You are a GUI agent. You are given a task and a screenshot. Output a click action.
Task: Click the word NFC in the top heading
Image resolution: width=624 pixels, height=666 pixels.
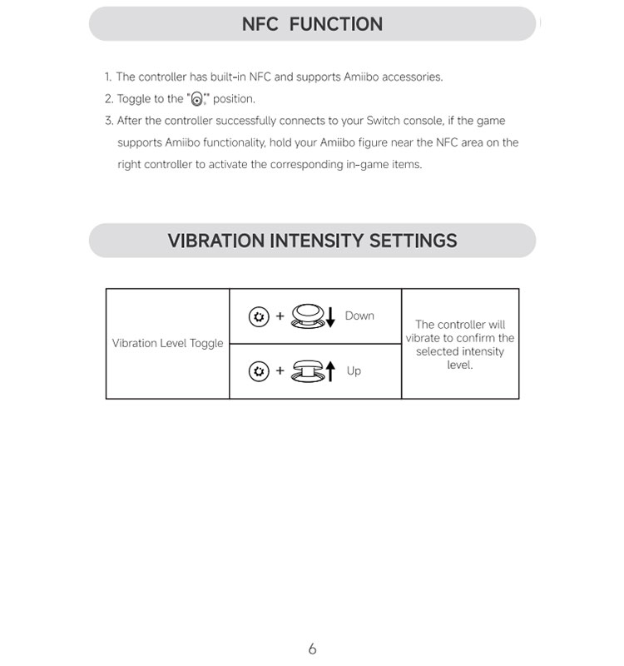coord(260,24)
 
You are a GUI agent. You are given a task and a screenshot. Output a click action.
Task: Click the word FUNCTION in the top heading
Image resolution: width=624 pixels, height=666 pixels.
coord(336,24)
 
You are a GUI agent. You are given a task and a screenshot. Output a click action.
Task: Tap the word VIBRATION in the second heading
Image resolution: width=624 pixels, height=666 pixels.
coord(216,241)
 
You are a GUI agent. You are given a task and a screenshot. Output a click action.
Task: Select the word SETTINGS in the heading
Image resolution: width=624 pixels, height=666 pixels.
coord(413,241)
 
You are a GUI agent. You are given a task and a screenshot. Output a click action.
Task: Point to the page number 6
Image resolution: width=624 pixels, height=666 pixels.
coord(312,649)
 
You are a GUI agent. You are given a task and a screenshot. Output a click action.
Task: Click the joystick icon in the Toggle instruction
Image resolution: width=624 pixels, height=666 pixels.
coord(197,99)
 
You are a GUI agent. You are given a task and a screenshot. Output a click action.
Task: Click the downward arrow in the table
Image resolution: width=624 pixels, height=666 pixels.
coord(330,317)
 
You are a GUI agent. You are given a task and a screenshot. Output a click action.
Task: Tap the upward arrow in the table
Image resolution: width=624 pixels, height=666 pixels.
coord(330,370)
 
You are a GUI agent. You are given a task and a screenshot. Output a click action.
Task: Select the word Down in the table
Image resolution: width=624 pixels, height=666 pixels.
coord(359,316)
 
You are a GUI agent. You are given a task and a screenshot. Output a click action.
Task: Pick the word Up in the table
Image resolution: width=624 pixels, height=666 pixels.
coord(354,370)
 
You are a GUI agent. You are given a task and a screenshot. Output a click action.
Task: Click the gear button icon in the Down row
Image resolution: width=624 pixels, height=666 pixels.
coord(259,316)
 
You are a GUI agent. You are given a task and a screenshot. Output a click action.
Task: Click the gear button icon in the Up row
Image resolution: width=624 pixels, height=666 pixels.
coord(259,371)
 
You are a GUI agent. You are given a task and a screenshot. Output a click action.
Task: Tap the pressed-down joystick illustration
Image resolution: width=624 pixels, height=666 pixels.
coord(308,316)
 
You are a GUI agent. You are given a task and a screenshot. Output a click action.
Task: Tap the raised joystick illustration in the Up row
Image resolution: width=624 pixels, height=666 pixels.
coord(308,371)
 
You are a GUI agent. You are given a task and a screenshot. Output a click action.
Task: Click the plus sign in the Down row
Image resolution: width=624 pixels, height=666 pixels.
coord(280,316)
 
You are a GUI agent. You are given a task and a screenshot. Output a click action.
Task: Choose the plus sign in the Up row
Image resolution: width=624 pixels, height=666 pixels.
coord(280,370)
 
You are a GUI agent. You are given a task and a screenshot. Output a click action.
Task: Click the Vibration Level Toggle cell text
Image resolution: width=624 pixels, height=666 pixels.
coord(168,343)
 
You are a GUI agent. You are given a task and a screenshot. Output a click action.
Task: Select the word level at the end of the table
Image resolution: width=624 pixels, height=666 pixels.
coord(460,365)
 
